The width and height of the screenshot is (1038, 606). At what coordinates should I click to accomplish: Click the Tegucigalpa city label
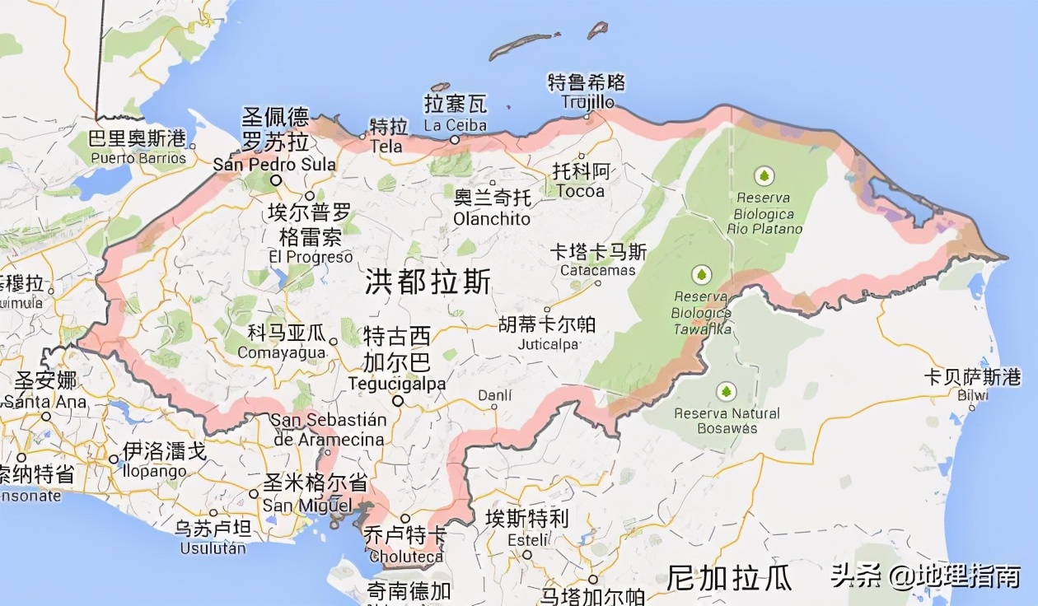pyautogui.click(x=396, y=384)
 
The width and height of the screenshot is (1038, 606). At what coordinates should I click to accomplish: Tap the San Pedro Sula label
pyautogui.click(x=274, y=164)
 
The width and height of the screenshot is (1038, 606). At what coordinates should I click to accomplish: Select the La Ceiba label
pyautogui.click(x=455, y=126)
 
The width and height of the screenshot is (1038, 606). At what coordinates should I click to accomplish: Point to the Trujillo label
pyautogui.click(x=587, y=102)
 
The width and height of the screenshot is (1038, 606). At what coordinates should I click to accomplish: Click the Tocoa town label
pyautogui.click(x=580, y=191)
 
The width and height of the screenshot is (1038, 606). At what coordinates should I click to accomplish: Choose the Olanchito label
pyautogui.click(x=492, y=219)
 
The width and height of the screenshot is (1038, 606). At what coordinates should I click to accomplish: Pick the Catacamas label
pyautogui.click(x=598, y=270)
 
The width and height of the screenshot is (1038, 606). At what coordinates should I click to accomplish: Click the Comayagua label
pyautogui.click(x=282, y=352)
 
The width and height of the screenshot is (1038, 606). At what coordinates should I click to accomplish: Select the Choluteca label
pyautogui.click(x=405, y=556)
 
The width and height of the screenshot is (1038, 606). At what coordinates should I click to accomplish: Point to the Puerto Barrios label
pyautogui.click(x=138, y=157)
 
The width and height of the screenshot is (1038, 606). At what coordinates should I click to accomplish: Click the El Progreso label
pyautogui.click(x=311, y=257)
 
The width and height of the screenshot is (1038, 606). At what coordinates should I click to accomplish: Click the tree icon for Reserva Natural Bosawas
pyautogui.click(x=726, y=391)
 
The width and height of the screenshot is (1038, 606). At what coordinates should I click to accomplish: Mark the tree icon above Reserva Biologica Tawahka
pyautogui.click(x=701, y=274)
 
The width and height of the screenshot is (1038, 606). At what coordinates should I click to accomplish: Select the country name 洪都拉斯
pyautogui.click(x=428, y=282)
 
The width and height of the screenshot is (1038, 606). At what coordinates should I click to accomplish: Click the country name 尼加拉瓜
pyautogui.click(x=729, y=577)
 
